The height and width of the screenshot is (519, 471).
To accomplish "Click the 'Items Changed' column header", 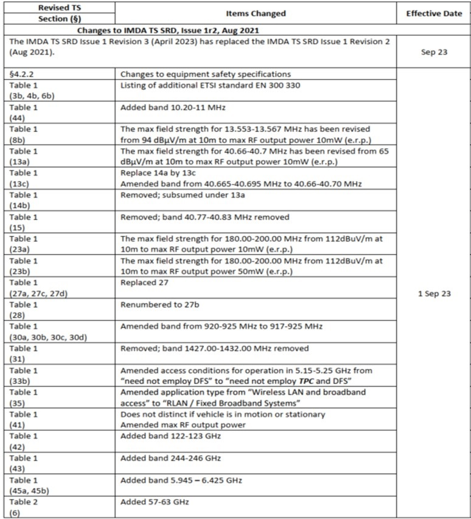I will point(255,13).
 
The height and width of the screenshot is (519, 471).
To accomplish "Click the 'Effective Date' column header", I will point(433,13).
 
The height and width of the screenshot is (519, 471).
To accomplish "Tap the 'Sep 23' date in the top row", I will point(433,52).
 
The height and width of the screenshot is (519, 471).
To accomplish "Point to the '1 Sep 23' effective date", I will point(433,294).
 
